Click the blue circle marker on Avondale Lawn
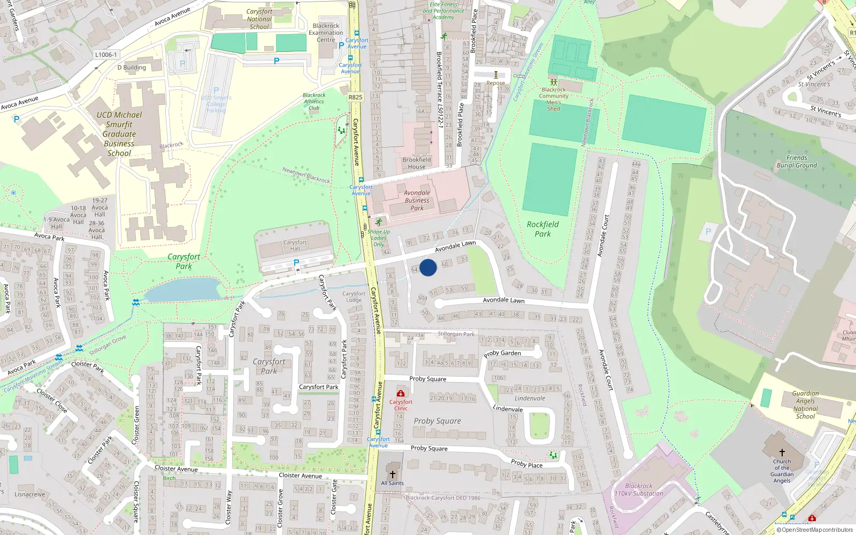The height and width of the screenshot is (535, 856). pyautogui.click(x=428, y=267)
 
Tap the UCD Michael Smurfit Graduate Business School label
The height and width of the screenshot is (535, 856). pyautogui.click(x=119, y=134)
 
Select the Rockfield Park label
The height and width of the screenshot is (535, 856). pyautogui.click(x=542, y=229)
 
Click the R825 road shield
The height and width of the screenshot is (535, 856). pyautogui.click(x=355, y=97)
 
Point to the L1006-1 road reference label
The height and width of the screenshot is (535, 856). pyautogui.click(x=105, y=55)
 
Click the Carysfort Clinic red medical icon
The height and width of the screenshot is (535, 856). pyautogui.click(x=401, y=394)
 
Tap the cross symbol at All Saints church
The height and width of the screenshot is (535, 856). pyautogui.click(x=393, y=475)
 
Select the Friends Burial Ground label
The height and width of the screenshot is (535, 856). pyautogui.click(x=797, y=162)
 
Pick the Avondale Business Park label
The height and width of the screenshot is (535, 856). pyautogui.click(x=417, y=200)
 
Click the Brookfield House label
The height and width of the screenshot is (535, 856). pyautogui.click(x=417, y=163)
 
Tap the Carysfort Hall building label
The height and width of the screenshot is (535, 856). pyautogui.click(x=295, y=246)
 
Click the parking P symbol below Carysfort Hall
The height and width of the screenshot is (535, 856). pyautogui.click(x=296, y=263)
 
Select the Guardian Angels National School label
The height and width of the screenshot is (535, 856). pyautogui.click(x=805, y=404)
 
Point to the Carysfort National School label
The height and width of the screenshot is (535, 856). pyautogui.click(x=259, y=19)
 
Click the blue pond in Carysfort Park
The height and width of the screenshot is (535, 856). pyautogui.click(x=182, y=290)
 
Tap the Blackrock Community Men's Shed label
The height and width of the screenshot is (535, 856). pyautogui.click(x=554, y=99)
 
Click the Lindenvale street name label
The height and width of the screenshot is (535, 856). pyautogui.click(x=508, y=409)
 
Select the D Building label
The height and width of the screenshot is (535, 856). pyautogui.click(x=132, y=67)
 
